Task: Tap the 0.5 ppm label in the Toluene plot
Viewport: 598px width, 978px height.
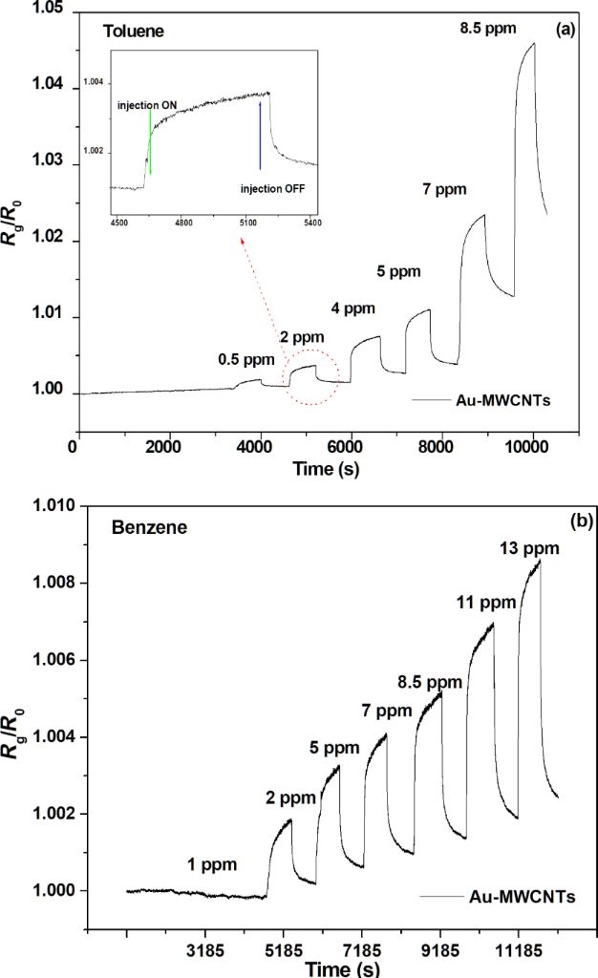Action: [240, 359]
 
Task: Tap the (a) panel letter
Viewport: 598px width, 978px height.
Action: [565, 30]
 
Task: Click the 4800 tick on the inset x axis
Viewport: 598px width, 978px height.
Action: [183, 223]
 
